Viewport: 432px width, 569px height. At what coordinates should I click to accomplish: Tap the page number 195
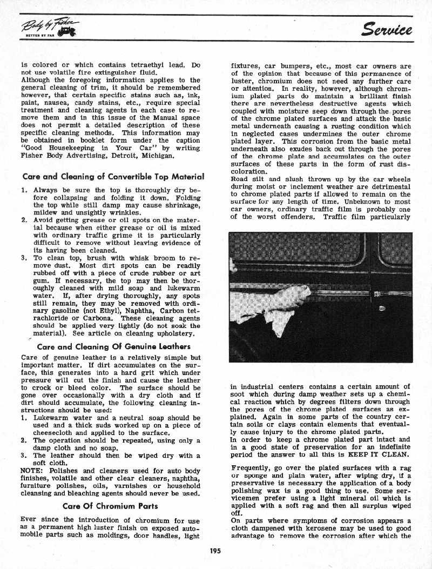pos(215,551)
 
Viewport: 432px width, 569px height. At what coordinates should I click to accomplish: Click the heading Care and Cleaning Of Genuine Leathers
pos(106,346)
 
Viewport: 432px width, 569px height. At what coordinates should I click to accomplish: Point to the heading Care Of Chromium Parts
pos(110,506)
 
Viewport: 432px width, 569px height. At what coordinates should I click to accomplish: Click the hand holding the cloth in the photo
pos(286,299)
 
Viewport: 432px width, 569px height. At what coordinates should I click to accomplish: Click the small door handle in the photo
pos(382,309)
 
